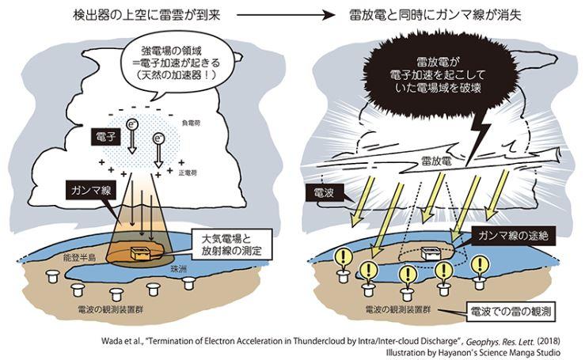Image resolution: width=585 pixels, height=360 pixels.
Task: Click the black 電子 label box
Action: click(x=106, y=138)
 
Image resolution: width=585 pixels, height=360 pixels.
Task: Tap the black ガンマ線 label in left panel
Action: click(x=91, y=191)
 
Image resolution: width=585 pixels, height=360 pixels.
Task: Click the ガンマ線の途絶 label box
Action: click(x=513, y=236)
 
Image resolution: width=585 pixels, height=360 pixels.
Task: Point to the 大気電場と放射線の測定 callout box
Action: click(x=231, y=244)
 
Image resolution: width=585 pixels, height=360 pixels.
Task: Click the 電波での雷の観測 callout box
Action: click(x=511, y=312)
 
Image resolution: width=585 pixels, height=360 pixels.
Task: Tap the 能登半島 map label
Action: click(x=79, y=257)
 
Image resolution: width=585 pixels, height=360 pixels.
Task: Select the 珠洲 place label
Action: click(x=178, y=268)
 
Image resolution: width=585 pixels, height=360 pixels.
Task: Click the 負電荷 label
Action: click(x=191, y=123)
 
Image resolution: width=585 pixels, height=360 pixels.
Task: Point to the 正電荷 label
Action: click(x=188, y=173)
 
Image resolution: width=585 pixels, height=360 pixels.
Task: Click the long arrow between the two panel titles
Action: click(x=287, y=15)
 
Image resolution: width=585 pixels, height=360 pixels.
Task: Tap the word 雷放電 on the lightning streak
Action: click(x=436, y=161)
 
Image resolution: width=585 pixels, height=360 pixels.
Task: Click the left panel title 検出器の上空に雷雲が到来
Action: click(x=146, y=15)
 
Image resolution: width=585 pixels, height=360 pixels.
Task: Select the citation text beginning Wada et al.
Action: click(x=331, y=341)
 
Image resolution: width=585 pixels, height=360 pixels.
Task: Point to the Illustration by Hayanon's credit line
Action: click(x=473, y=353)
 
